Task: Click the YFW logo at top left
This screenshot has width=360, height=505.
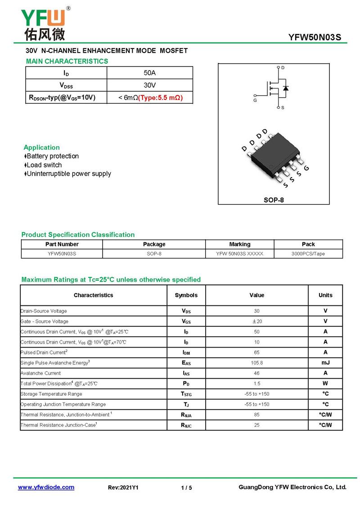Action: [43, 23]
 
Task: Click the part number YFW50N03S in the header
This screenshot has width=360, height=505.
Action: [315, 37]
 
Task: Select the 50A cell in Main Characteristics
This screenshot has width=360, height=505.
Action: [149, 73]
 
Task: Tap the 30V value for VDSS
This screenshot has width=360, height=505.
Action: [149, 85]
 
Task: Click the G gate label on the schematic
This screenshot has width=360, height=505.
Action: [255, 100]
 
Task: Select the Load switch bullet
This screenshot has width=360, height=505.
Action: [44, 165]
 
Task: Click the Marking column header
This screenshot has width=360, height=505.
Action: [239, 244]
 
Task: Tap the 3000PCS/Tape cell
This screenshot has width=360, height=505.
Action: [308, 254]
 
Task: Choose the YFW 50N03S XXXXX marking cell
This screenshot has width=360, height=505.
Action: [239, 254]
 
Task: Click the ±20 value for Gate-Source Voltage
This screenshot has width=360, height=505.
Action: [256, 321]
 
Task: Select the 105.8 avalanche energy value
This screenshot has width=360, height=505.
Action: [256, 362]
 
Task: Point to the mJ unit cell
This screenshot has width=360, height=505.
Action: [325, 362]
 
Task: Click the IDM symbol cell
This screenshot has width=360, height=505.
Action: [186, 353]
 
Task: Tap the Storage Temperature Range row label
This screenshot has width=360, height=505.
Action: [51, 394]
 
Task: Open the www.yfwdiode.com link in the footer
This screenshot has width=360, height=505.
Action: [46, 487]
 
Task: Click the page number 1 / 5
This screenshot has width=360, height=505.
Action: [186, 488]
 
